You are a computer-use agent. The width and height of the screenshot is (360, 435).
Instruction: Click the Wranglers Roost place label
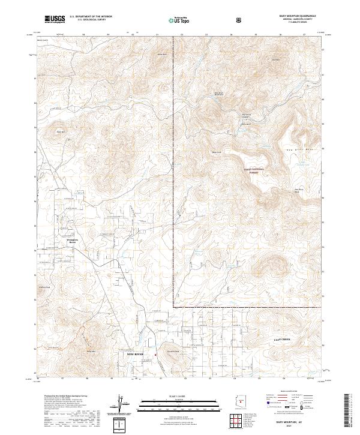point(64,241)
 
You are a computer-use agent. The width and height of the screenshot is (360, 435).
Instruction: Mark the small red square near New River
point(157,355)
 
